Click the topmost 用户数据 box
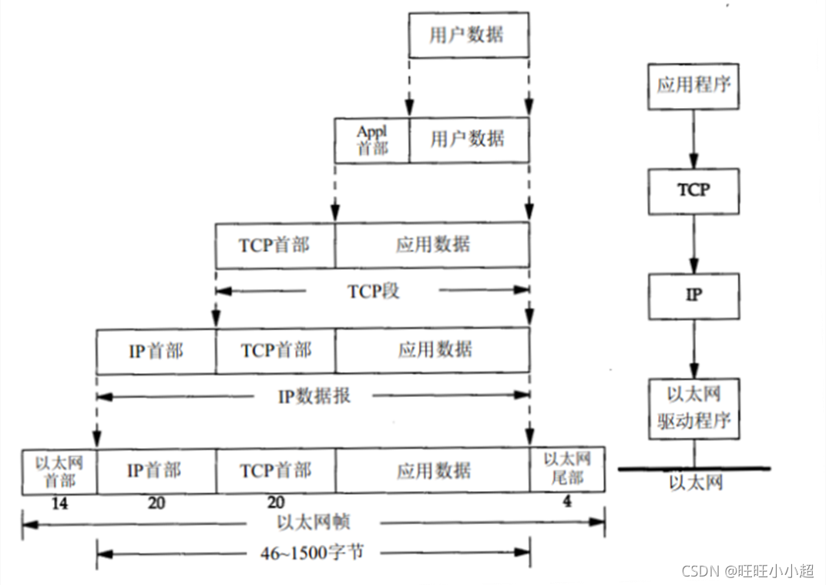pos(468,35)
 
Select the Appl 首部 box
pos(372,140)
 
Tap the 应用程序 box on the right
pos(693,85)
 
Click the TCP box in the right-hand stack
pos(693,190)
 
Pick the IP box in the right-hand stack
pos(693,295)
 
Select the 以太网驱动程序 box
pos(693,408)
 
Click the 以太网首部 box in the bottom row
pos(59,470)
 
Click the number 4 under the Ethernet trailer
pos(566,503)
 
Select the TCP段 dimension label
pos(374,291)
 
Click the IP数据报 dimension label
pos(314,396)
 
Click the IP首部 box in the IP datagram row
pos(156,351)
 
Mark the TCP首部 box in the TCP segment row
pos(275,245)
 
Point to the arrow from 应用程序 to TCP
pos(693,139)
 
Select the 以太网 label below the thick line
pos(693,483)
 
